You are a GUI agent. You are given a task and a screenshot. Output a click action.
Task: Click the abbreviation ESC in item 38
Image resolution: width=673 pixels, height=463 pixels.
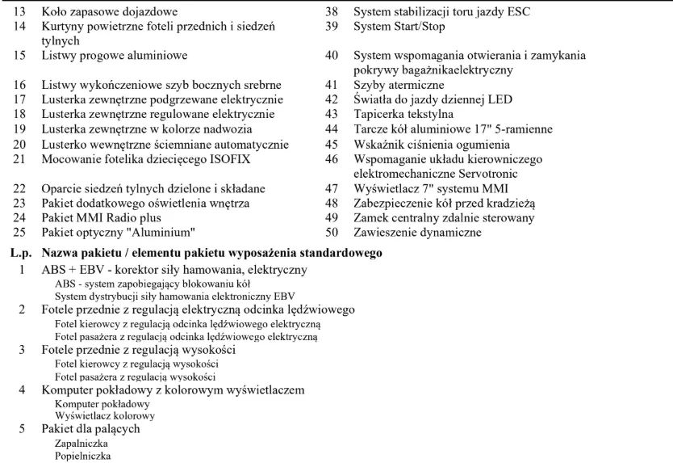tap(518, 12)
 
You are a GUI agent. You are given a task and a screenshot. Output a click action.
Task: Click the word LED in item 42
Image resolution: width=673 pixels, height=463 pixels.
tap(500, 100)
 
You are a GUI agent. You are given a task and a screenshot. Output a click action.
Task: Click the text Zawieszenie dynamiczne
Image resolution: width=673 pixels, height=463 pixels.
tap(417, 233)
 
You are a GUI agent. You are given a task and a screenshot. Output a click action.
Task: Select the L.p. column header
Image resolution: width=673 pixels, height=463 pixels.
tap(21, 253)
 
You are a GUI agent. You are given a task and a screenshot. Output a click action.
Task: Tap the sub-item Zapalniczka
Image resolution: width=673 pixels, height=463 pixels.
tap(82, 444)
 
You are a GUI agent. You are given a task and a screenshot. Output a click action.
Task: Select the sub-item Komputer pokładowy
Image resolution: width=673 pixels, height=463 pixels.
tap(102, 403)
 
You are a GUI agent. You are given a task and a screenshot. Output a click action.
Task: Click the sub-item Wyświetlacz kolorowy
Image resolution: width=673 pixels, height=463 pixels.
tap(105, 416)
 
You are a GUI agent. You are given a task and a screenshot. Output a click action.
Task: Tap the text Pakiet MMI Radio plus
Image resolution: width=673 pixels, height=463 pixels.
tap(101, 218)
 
